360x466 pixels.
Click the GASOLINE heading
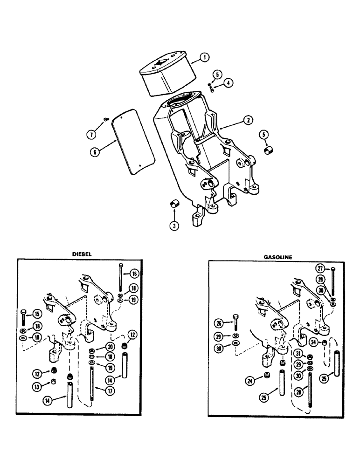[278, 256]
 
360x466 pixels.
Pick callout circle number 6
[95, 151]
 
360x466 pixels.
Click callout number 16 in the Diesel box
[134, 274]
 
